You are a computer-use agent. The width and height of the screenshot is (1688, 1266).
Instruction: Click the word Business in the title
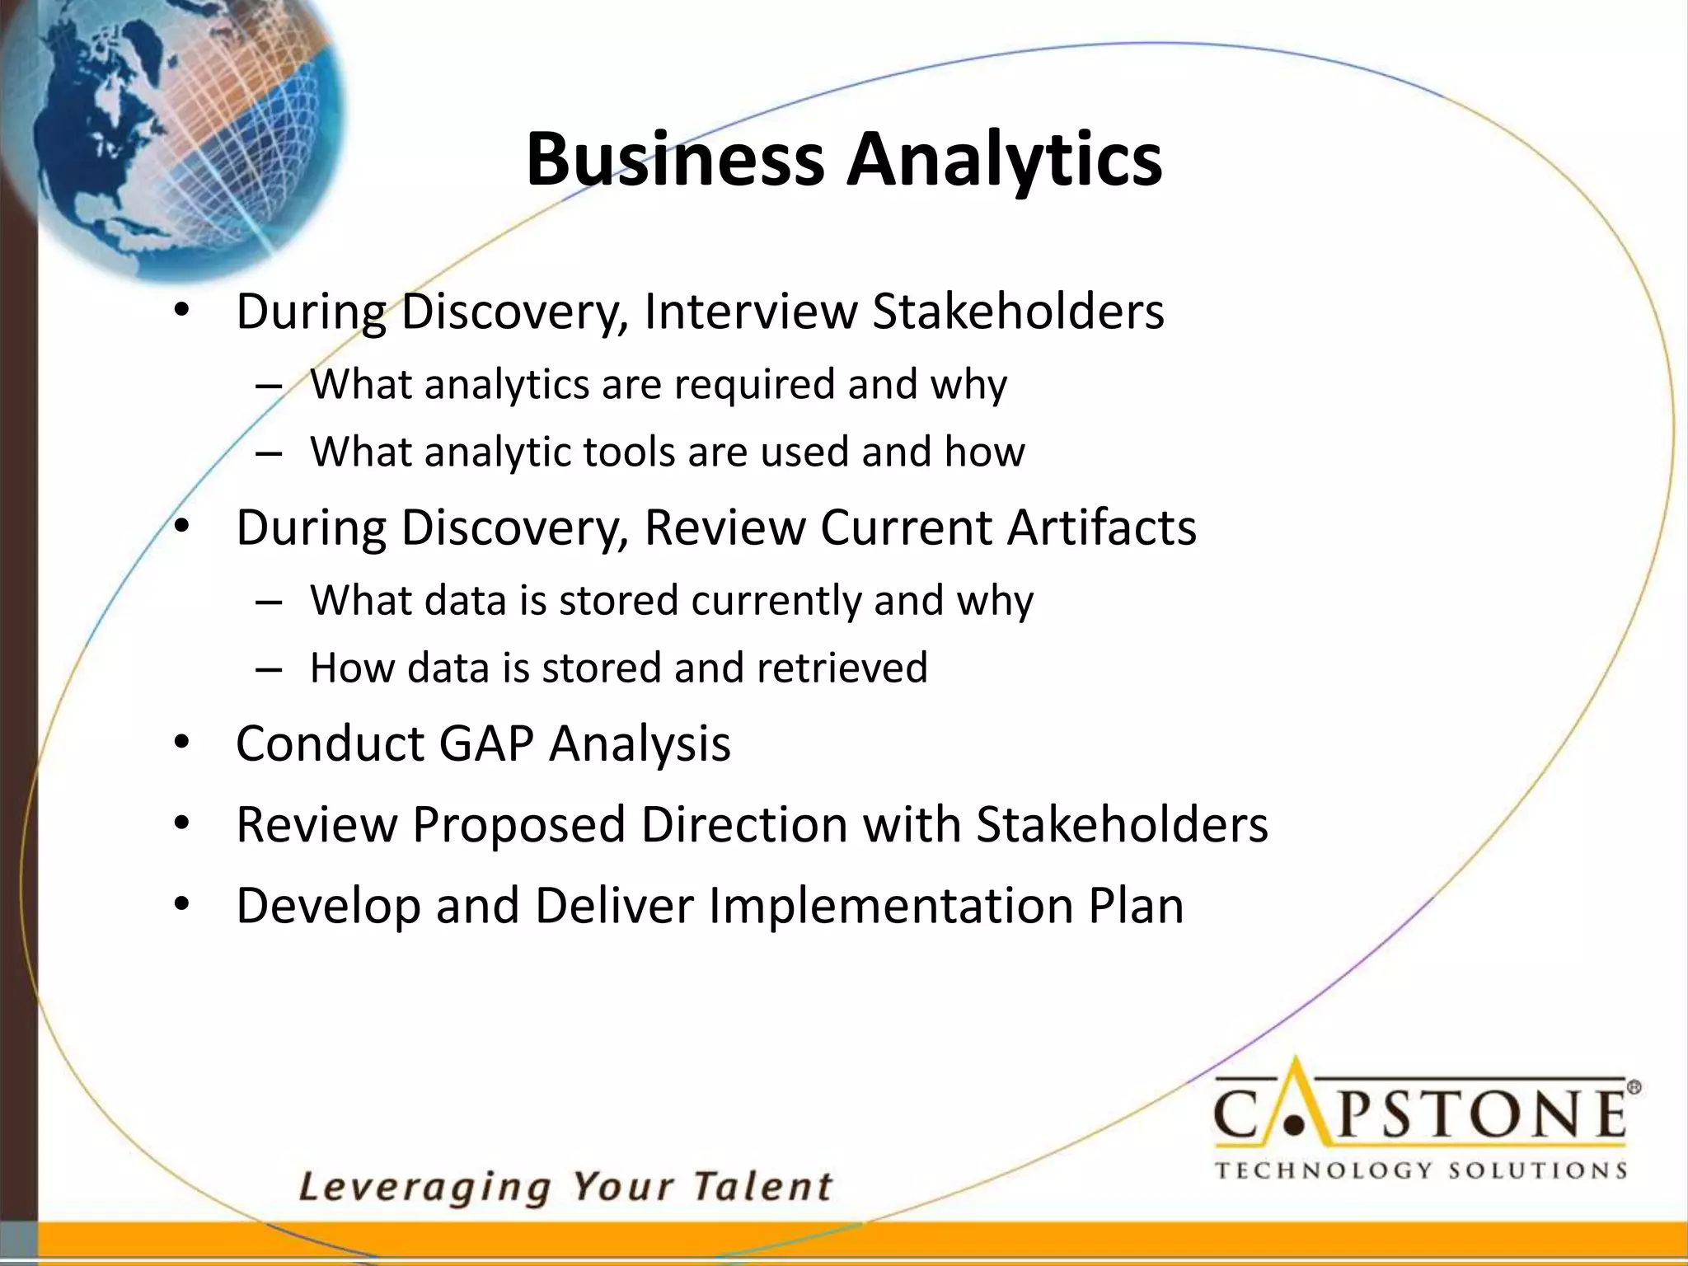[x=675, y=158]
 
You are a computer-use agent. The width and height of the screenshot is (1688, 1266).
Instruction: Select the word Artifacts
[x=1101, y=527]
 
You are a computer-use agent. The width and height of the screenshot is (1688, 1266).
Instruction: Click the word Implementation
[x=891, y=906]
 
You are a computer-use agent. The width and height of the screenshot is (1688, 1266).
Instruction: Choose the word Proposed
[x=519, y=824]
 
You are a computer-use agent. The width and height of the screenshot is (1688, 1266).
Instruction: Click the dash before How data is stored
[x=269, y=668]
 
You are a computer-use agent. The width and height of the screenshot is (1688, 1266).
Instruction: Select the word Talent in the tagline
[x=762, y=1187]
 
